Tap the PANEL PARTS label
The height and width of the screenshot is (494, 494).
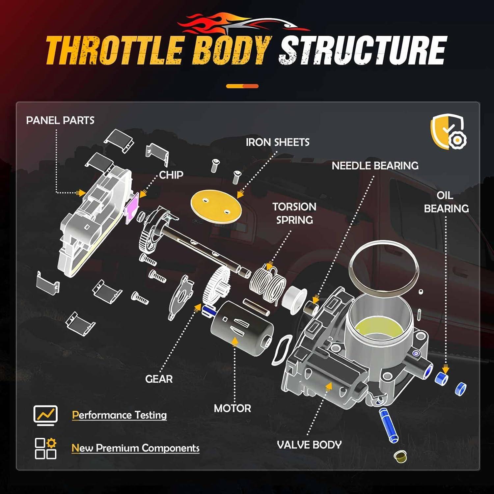point(60,121)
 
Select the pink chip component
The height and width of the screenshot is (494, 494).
point(132,208)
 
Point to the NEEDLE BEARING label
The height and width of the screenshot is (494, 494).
point(375,166)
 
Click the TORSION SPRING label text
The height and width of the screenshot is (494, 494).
point(294,213)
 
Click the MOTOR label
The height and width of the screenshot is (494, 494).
point(232,408)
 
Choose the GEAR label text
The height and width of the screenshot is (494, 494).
point(159,379)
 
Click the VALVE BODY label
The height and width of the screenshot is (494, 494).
point(309,445)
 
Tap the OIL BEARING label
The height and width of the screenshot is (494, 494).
point(446,202)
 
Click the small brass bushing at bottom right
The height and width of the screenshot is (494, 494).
point(400,456)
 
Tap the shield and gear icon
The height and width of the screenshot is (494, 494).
point(449,132)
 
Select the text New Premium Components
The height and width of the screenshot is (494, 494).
point(135,448)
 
